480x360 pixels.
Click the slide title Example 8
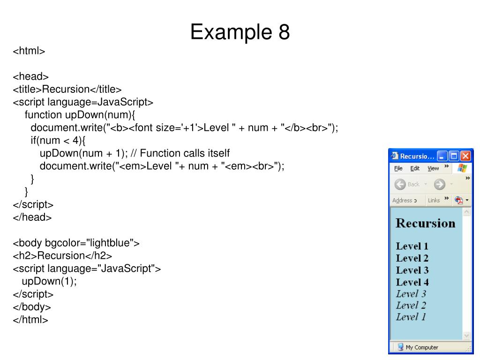(240, 33)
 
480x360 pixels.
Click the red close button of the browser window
(465, 156)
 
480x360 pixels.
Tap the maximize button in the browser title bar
(454, 156)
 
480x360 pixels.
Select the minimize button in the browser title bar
(442, 156)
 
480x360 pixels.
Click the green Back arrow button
(400, 184)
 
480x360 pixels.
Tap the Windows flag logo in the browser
(462, 168)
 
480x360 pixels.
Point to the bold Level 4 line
(412, 282)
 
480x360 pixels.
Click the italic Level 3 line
(411, 294)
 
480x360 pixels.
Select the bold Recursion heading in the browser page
(425, 223)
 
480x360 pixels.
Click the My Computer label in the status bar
(421, 347)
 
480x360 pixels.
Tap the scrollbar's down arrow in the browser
(466, 336)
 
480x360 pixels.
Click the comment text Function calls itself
(185, 153)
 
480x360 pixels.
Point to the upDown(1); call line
(49, 281)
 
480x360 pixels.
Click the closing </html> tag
(30, 320)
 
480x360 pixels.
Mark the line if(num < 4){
(59, 141)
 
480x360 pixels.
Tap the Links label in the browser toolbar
(434, 200)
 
